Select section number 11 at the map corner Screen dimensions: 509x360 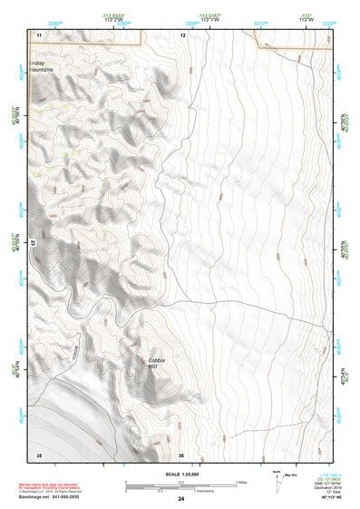point(39,34)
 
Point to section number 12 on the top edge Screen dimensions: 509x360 point(182,34)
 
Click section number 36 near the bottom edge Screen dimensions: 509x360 point(181,455)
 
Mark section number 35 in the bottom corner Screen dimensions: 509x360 point(39,455)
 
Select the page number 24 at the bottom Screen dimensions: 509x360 point(182,500)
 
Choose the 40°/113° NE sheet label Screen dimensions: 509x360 point(326,500)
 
